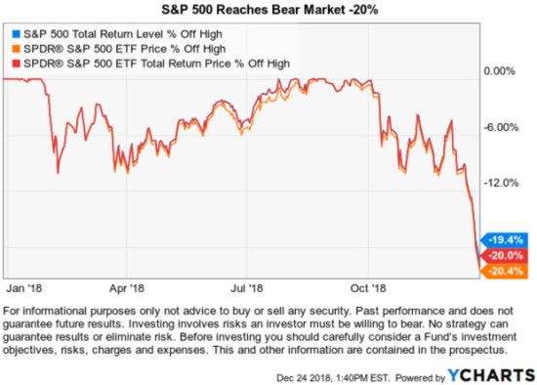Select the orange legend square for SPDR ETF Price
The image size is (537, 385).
[x=13, y=50]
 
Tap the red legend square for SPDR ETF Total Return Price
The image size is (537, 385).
[x=13, y=64]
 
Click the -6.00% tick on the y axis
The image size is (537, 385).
[x=505, y=127]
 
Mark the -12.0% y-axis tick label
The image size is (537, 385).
[x=505, y=183]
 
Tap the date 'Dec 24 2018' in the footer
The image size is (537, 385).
[x=299, y=374]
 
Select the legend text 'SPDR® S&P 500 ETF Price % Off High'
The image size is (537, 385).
[x=117, y=50]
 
